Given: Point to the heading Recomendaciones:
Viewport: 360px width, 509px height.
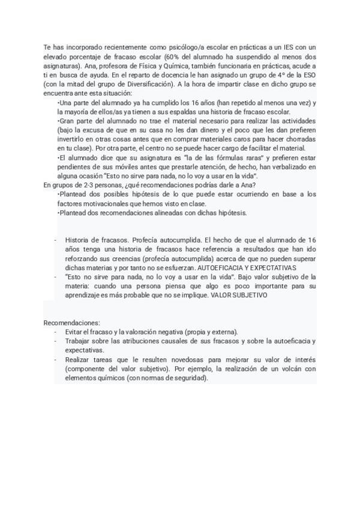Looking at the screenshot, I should click(x=72, y=322).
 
